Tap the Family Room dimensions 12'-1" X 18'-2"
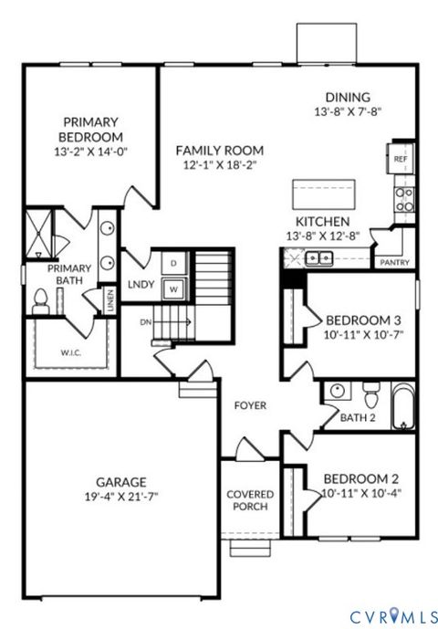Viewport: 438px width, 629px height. point(220,165)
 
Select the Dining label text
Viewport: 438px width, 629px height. point(348,98)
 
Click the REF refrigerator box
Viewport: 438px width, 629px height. point(400,158)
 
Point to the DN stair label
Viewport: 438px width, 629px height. point(146,321)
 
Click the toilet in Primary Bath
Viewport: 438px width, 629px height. point(40,300)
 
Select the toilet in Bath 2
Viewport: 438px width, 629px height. point(370,396)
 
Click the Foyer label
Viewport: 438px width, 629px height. point(250,405)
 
